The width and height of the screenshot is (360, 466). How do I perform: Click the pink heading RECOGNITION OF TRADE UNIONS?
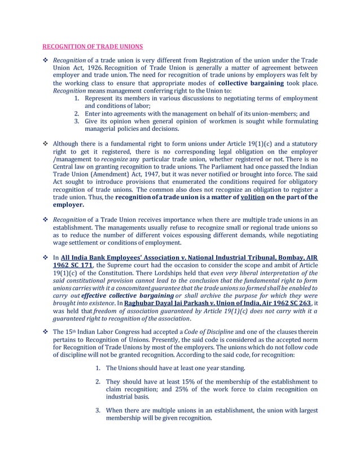pyautogui.click(x=93, y=46)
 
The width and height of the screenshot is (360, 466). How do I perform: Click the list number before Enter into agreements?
pyautogui.click(x=78, y=113)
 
